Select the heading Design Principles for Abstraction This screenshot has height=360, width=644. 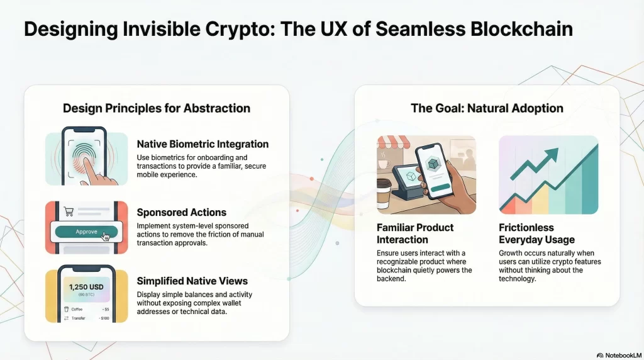[x=157, y=108]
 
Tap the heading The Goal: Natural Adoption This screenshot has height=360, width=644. [x=487, y=108]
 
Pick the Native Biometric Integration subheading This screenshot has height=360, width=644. [x=203, y=144]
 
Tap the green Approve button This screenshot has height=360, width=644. [x=87, y=232]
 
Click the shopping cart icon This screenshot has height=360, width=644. [x=69, y=211]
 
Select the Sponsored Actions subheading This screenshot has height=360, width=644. [x=181, y=212]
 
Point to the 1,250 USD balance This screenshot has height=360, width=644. [x=86, y=287]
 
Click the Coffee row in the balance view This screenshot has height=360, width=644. [x=86, y=309]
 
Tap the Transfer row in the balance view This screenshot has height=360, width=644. [x=86, y=318]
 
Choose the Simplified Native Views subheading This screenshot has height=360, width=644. [x=192, y=281]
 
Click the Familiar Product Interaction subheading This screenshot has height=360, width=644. [x=415, y=233]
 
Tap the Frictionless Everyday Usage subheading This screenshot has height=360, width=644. [x=536, y=233]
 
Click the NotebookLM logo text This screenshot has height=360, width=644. [x=621, y=355]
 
